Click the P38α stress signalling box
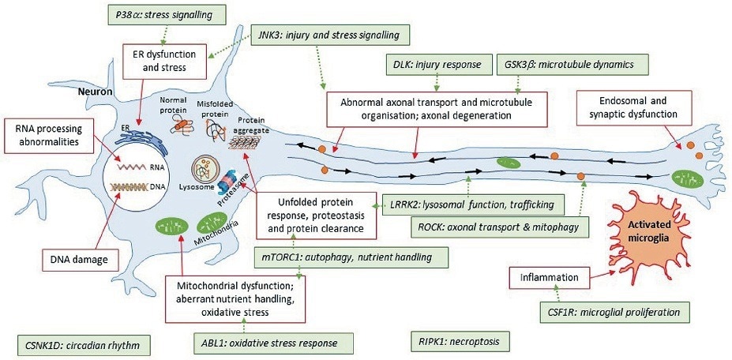[166, 13]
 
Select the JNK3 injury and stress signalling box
[331, 36]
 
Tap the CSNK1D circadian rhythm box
[83, 344]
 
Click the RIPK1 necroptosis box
[460, 342]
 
